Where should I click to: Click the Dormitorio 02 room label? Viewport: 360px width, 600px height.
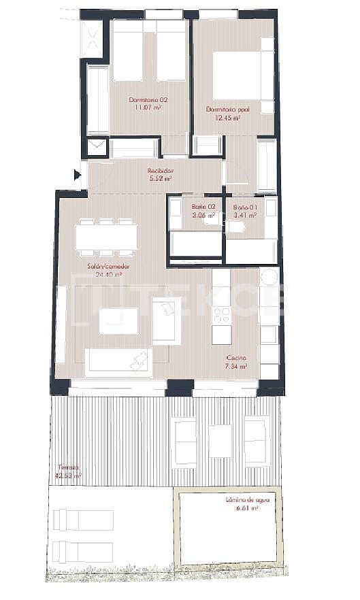(148, 99)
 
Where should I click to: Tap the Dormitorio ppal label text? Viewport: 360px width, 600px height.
(224, 109)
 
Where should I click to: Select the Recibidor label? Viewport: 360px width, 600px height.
(160, 171)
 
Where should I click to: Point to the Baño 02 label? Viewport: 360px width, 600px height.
(203, 206)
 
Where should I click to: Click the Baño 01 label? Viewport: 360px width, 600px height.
(244, 207)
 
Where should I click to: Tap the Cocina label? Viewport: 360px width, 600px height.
(236, 357)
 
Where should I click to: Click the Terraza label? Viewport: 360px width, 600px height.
(68, 467)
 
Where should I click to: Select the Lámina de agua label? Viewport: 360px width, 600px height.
(248, 500)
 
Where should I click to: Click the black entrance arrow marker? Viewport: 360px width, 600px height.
(77, 176)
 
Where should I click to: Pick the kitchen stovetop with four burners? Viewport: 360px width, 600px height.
(222, 314)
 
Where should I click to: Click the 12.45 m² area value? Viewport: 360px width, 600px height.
(225, 117)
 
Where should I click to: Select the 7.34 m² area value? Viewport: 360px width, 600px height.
(236, 365)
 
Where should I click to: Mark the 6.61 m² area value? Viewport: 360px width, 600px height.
(248, 508)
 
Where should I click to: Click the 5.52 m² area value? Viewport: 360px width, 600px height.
(160, 179)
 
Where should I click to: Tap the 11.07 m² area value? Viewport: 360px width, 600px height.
(148, 107)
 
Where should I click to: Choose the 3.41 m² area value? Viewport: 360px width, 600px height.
(244, 215)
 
